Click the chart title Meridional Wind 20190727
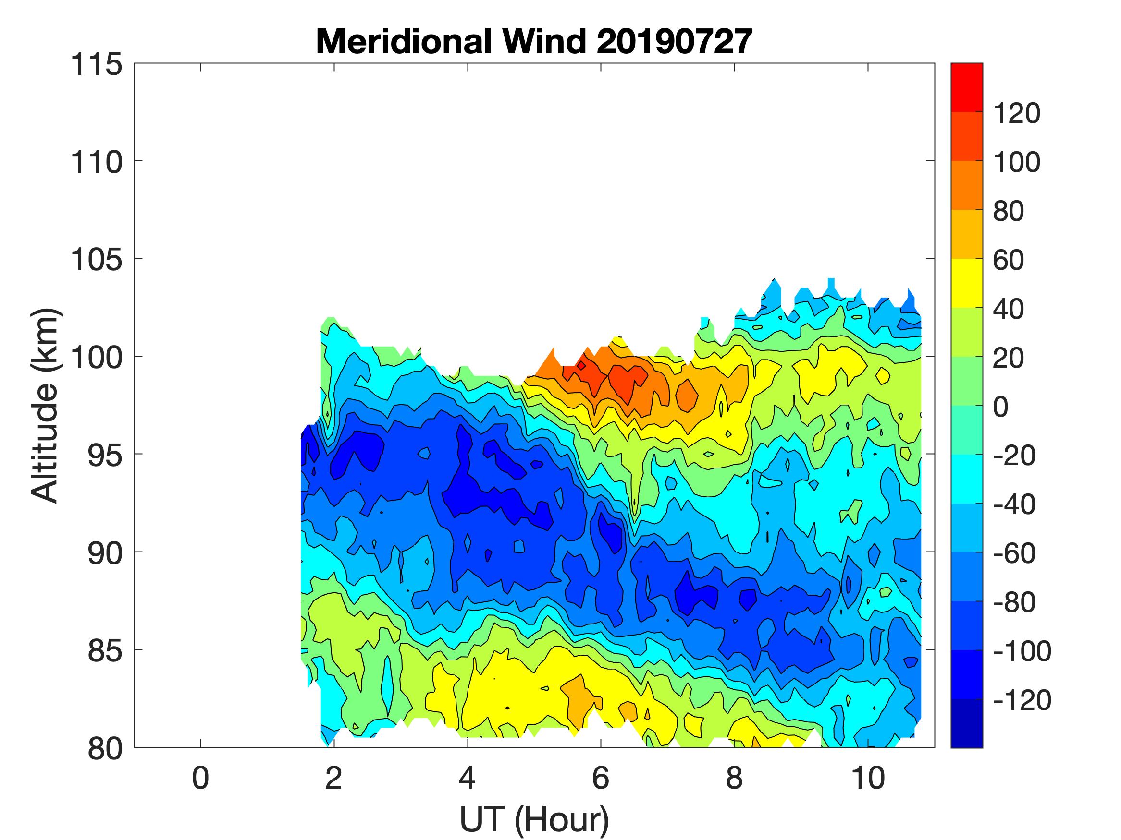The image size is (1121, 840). coord(534,41)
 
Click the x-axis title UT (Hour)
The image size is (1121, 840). coord(534,819)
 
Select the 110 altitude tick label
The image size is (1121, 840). coord(96,162)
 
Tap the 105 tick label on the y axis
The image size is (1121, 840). coord(96,260)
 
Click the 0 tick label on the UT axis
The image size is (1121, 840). coord(201,778)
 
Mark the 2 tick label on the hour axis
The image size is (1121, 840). coord(333,778)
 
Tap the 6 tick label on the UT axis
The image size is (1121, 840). coord(601,778)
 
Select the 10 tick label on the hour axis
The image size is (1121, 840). coord(868,778)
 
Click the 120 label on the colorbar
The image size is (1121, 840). coord(1017,113)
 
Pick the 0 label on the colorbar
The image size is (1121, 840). coord(1001,407)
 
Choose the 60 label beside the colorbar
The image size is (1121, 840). coord(1009,260)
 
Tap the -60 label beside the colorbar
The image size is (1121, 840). coord(1014,553)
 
